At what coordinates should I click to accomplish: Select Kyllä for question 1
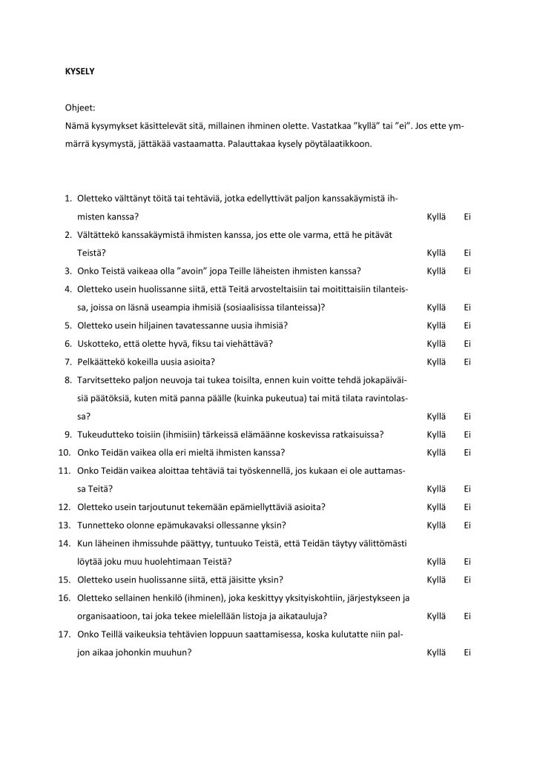point(436,216)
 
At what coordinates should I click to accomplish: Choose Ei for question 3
point(467,271)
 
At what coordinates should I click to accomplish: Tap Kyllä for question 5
point(436,325)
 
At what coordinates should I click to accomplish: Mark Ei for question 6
point(467,343)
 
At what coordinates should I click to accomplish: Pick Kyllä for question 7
point(436,362)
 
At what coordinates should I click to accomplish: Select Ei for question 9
point(467,434)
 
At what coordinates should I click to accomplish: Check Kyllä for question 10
point(436,452)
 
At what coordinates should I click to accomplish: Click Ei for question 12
point(467,507)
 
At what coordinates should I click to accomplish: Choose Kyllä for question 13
point(436,525)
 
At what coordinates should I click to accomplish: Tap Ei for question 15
point(467,580)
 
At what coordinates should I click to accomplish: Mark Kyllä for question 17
point(436,652)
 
